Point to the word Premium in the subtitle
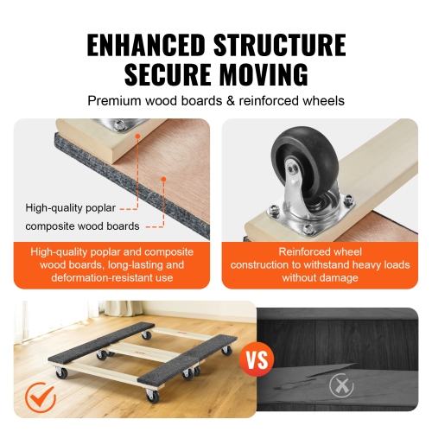pos(115,101)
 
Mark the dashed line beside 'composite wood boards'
pos(152,226)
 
